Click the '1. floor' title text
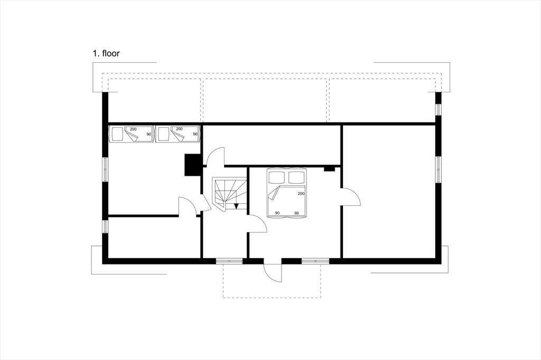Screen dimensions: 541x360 pyautogui.click(x=106, y=53)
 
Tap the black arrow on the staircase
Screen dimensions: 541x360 pyautogui.click(x=236, y=206)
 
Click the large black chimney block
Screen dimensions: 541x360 pyautogui.click(x=193, y=165)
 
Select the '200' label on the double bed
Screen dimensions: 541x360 pyautogui.click(x=301, y=193)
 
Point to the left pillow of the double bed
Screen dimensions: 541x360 pyautogui.click(x=277, y=177)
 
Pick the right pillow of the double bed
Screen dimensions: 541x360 pyautogui.click(x=297, y=177)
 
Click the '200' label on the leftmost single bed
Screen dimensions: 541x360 pyautogui.click(x=133, y=129)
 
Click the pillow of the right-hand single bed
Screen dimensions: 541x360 pyautogui.click(x=163, y=134)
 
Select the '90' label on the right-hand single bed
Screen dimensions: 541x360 pyautogui.click(x=195, y=134)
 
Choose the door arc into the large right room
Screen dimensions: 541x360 pyautogui.click(x=351, y=197)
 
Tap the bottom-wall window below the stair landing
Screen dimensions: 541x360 pyautogui.click(x=229, y=261)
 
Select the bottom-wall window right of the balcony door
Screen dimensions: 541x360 pyautogui.click(x=315, y=261)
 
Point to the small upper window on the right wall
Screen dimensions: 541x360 pyautogui.click(x=438, y=109)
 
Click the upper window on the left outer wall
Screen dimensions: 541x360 pyautogui.click(x=105, y=169)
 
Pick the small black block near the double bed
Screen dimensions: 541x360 pyautogui.click(x=329, y=169)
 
